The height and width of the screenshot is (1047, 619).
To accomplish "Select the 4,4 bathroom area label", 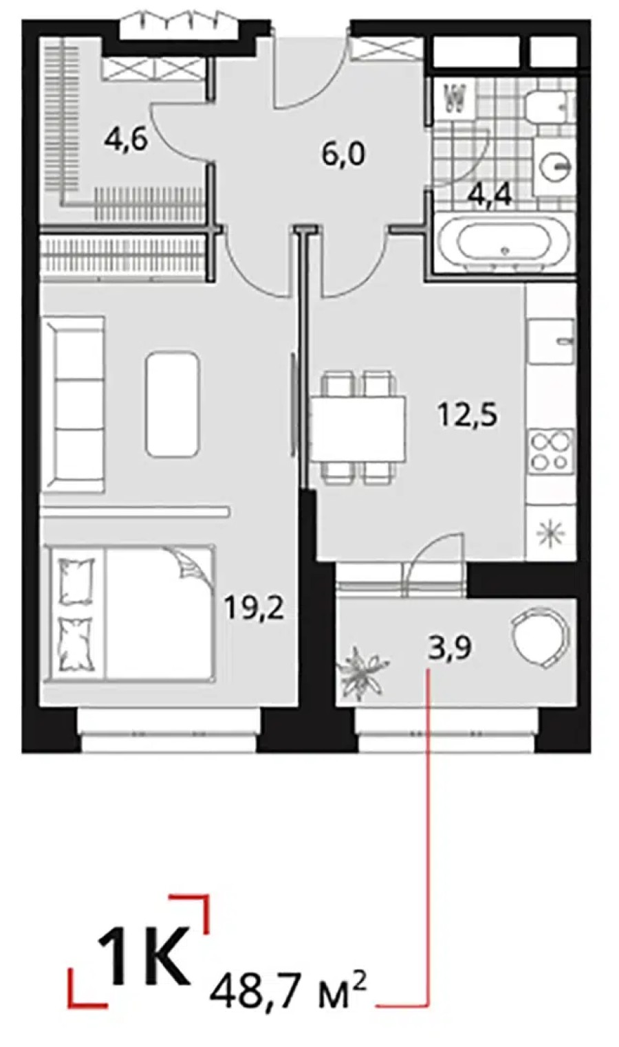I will (x=490, y=195).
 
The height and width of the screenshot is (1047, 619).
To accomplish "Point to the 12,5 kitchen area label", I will (x=467, y=415).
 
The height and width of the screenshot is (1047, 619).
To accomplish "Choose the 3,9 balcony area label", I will (x=450, y=647).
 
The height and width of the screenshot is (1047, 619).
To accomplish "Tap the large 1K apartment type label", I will (x=144, y=956).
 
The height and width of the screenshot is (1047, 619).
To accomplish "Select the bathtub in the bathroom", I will (x=503, y=243).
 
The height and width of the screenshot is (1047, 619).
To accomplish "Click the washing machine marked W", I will (x=453, y=100).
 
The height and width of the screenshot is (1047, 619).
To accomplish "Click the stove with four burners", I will (x=551, y=450).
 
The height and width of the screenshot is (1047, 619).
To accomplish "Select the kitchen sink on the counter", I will (x=550, y=341).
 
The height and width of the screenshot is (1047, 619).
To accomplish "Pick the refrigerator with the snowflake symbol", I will (x=551, y=534).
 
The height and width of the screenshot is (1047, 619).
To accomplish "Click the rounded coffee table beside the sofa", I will (x=173, y=403).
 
